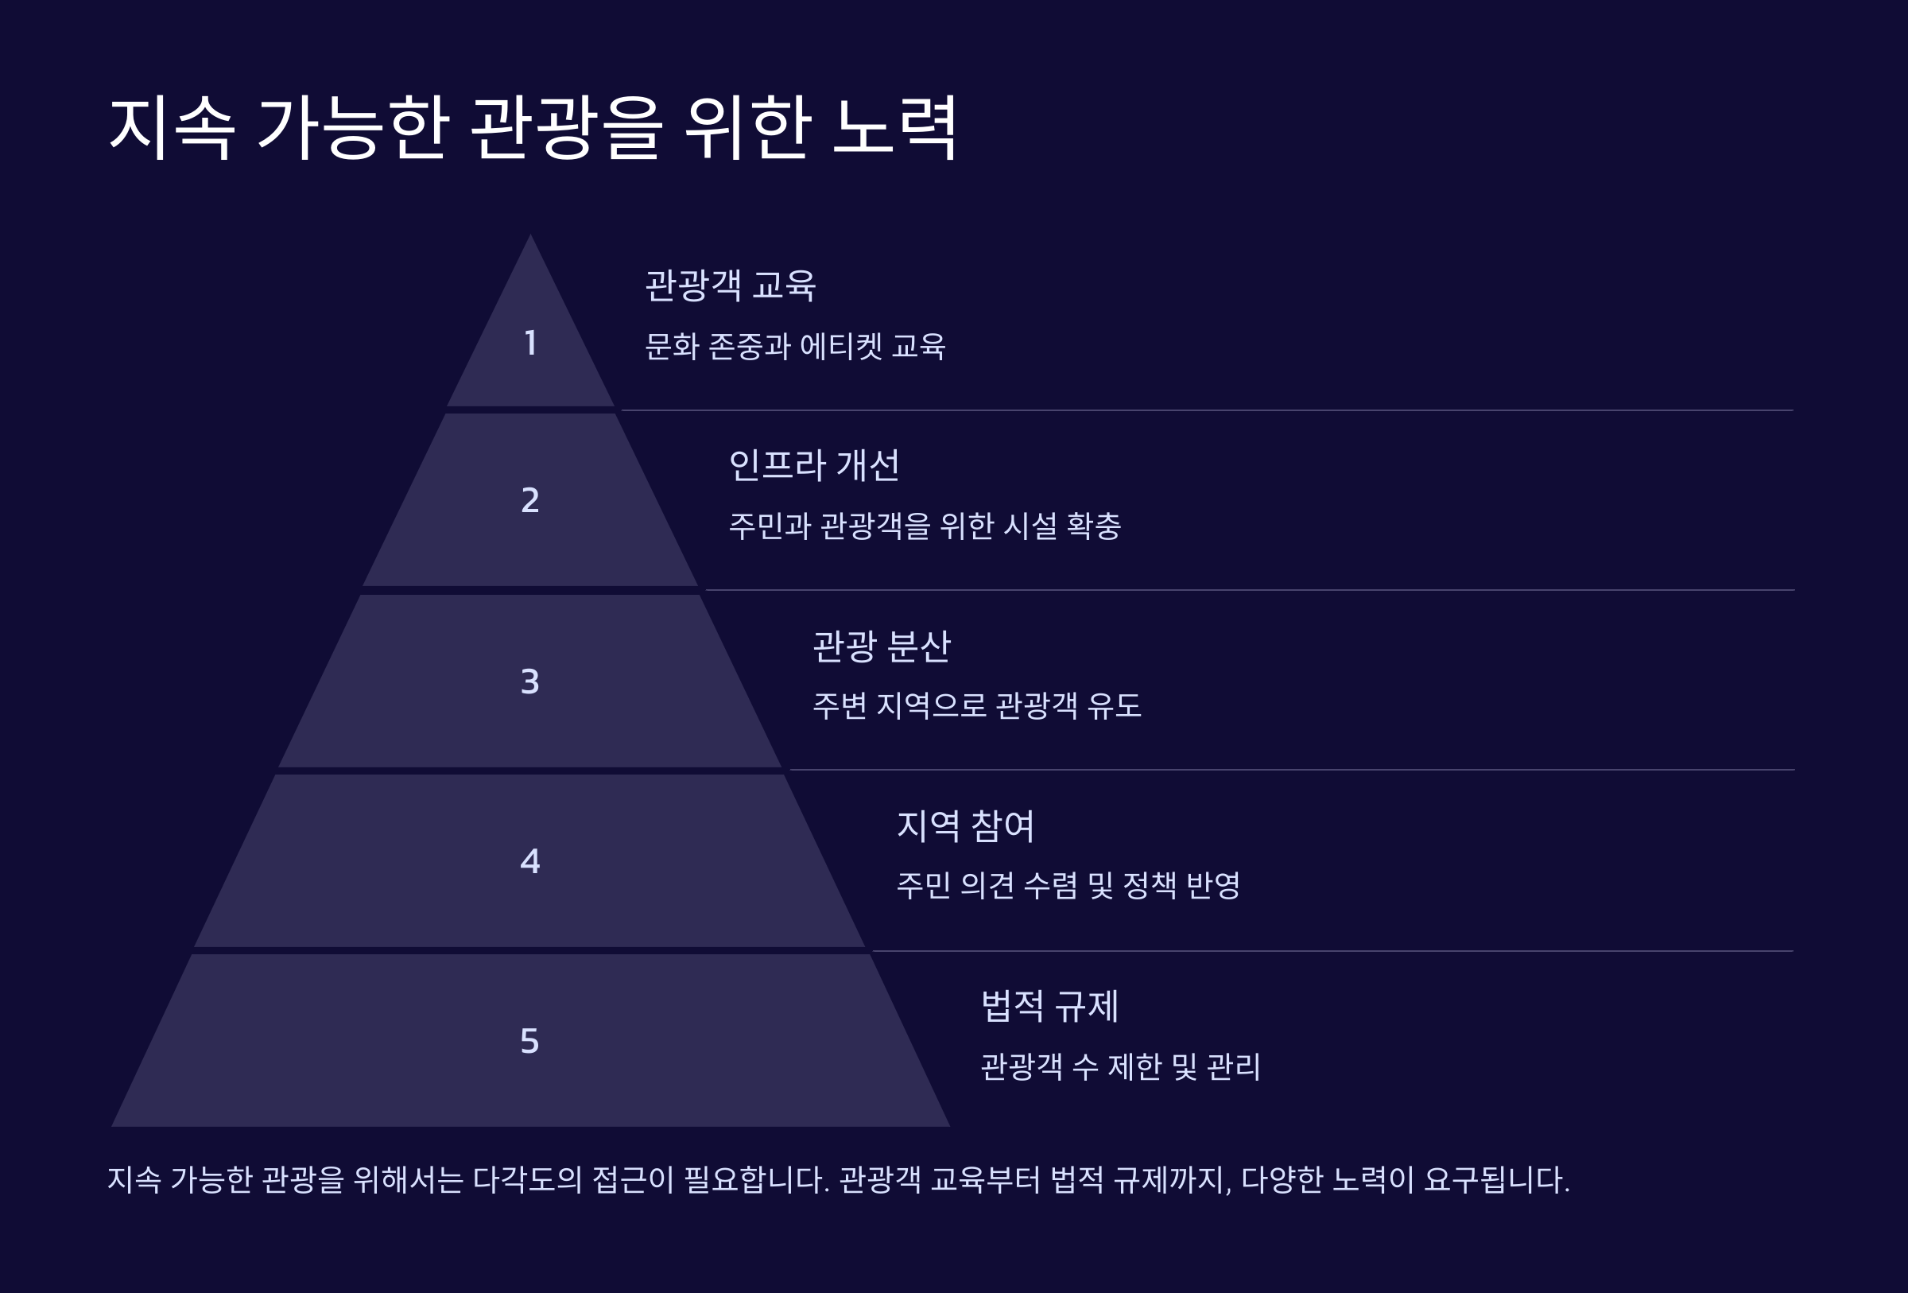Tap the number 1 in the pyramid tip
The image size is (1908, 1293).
click(530, 344)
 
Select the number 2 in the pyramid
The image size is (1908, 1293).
click(530, 500)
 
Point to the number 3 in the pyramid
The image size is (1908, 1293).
click(530, 681)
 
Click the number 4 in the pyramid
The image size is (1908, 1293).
click(530, 861)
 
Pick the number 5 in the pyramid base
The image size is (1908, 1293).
click(530, 1041)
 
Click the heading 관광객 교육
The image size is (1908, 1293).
click(730, 285)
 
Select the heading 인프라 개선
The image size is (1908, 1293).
click(813, 465)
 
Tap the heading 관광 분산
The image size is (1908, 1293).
click(881, 646)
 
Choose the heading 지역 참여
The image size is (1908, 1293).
click(964, 826)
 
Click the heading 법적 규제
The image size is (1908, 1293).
click(1049, 1007)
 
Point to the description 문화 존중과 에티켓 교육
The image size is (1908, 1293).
click(795, 347)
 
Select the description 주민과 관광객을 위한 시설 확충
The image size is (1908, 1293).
click(925, 526)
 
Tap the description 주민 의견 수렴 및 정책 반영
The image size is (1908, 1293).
click(1068, 886)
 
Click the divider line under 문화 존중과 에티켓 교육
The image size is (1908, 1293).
click(1207, 410)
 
